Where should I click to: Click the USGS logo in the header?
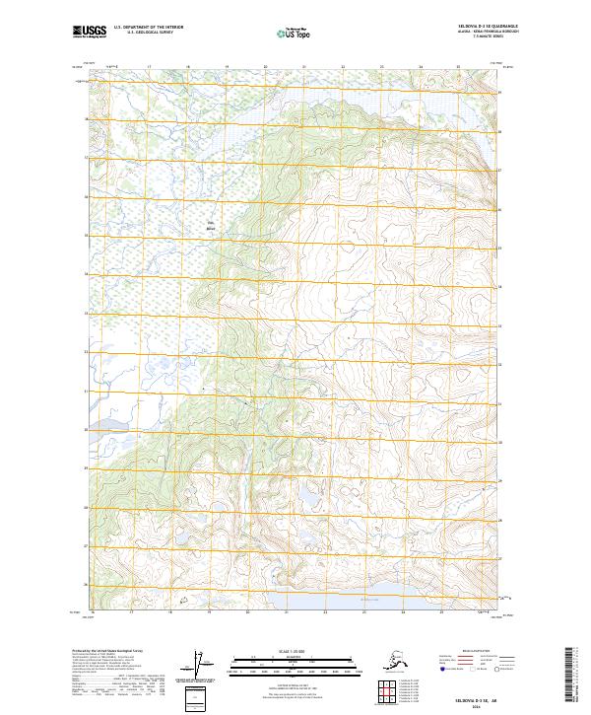(x=90, y=33)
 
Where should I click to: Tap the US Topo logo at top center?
(x=294, y=34)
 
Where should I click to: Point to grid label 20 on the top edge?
(x=265, y=67)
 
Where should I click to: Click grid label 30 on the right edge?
(x=500, y=442)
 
